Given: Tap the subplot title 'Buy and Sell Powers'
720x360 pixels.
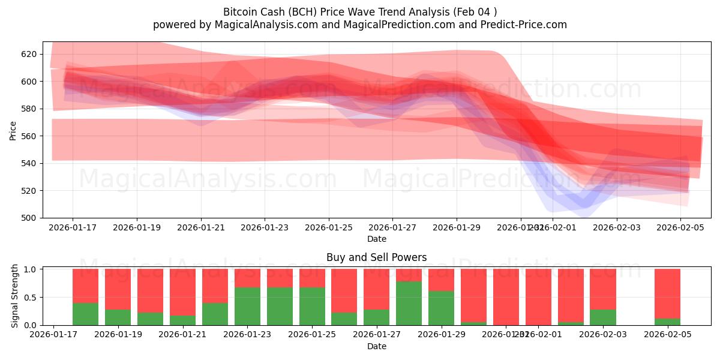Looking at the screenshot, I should coord(376,257).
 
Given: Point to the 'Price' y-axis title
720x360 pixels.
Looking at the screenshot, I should coord(13,130).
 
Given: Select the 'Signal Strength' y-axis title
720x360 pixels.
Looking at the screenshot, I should coord(15,296).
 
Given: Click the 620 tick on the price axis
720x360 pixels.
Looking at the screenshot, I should coord(29,54).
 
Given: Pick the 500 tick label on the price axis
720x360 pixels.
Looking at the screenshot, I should coord(29,218).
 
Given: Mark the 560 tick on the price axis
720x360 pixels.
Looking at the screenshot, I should coord(29,136).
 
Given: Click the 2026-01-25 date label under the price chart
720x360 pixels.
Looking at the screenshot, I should coord(329,228).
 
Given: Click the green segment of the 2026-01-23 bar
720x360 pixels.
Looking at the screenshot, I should coord(247,306).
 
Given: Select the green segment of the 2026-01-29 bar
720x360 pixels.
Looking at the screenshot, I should coord(441,308).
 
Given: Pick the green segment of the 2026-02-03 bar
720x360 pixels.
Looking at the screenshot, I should coord(602,317).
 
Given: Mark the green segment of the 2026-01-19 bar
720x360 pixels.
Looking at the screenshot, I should coord(118,317).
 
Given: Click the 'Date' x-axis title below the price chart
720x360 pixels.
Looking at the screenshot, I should coord(376,239).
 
